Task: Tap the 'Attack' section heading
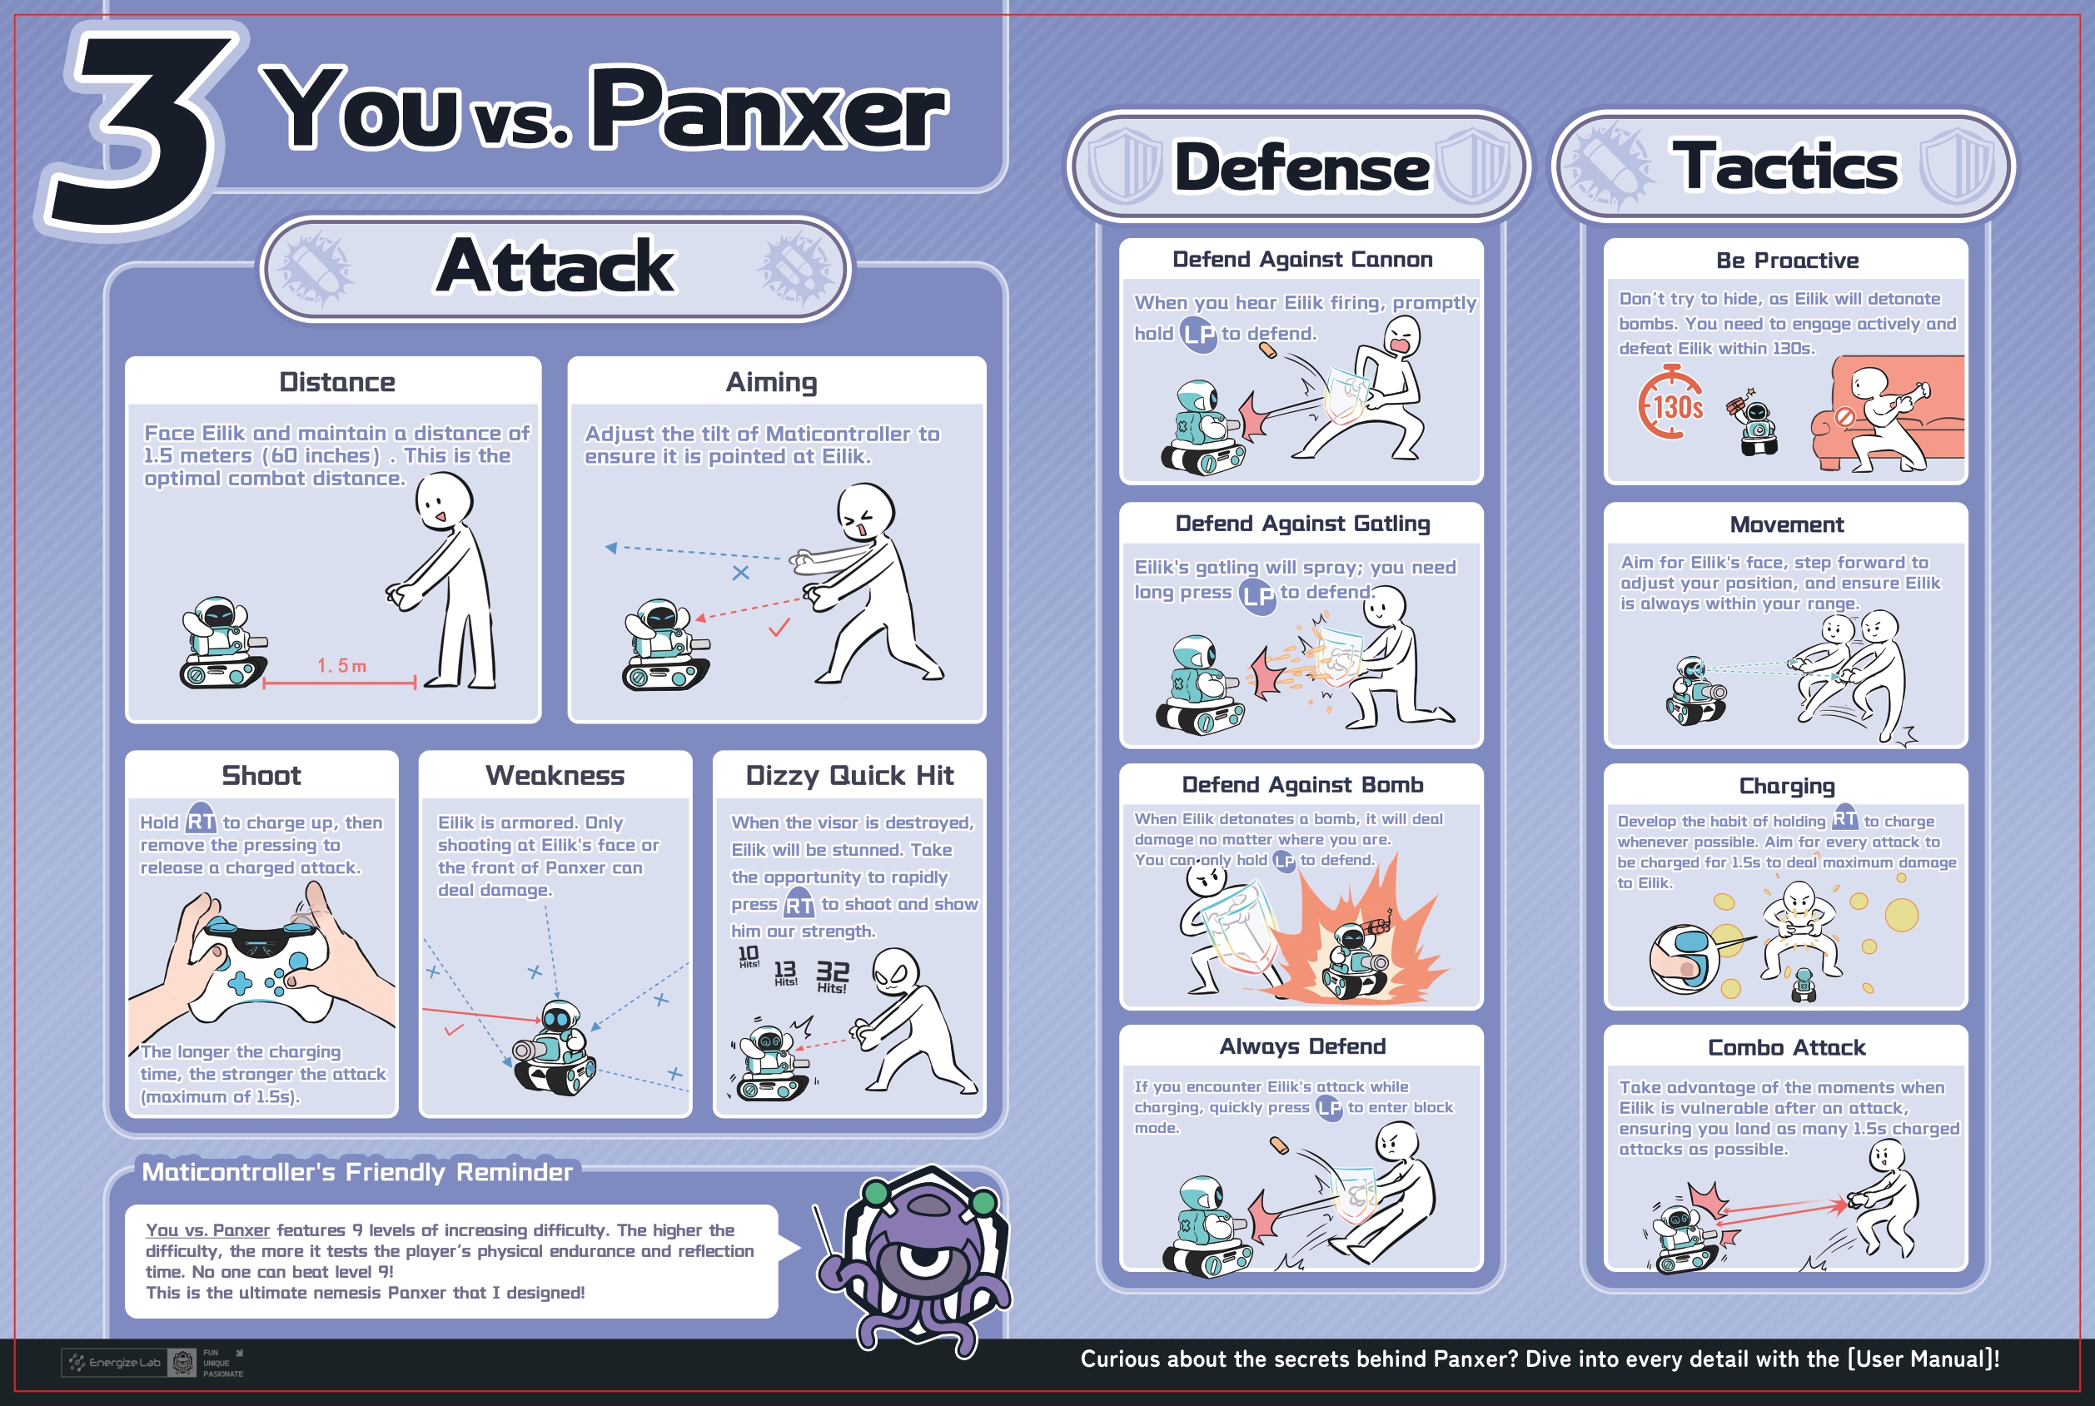point(556,266)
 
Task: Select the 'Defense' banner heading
point(1302,167)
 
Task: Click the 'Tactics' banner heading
point(1784,166)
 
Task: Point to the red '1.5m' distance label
point(341,665)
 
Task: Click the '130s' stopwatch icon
point(1670,403)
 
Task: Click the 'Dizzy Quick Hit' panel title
point(849,776)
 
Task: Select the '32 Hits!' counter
point(833,976)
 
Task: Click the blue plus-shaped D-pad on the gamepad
point(241,983)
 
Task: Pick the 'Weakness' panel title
point(555,776)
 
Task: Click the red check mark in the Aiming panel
point(779,628)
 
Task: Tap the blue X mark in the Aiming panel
point(741,573)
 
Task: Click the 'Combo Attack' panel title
point(1786,1047)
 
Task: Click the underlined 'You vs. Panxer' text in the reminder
point(207,1230)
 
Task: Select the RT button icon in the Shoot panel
point(201,820)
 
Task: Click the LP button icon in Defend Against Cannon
point(1198,334)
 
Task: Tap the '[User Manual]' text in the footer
point(1923,1359)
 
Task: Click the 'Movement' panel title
point(1786,524)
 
